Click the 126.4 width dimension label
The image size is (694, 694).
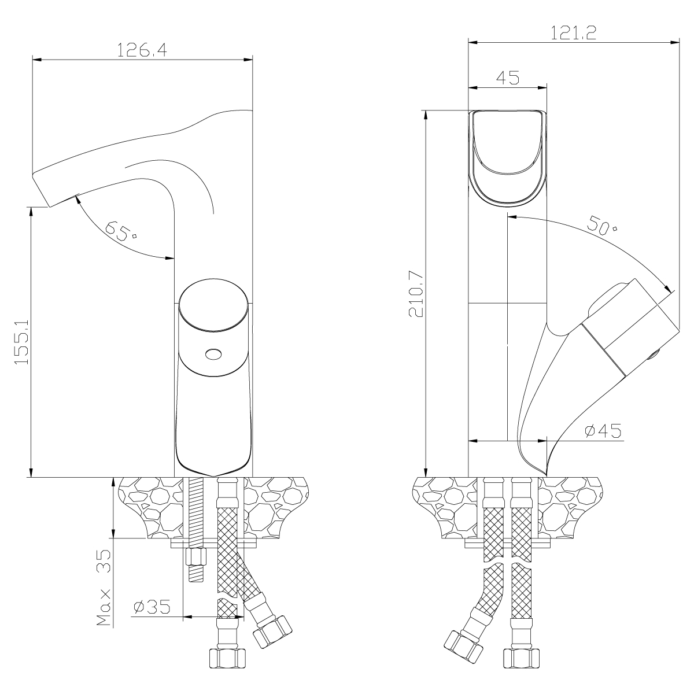(142, 50)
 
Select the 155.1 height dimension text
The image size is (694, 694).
(22, 342)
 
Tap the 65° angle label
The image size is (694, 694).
(121, 231)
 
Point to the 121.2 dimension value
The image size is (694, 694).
(573, 33)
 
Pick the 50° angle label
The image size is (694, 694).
(602, 225)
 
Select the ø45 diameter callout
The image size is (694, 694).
(603, 430)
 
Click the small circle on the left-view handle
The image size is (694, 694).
(213, 354)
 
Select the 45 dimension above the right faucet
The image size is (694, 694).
(507, 78)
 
